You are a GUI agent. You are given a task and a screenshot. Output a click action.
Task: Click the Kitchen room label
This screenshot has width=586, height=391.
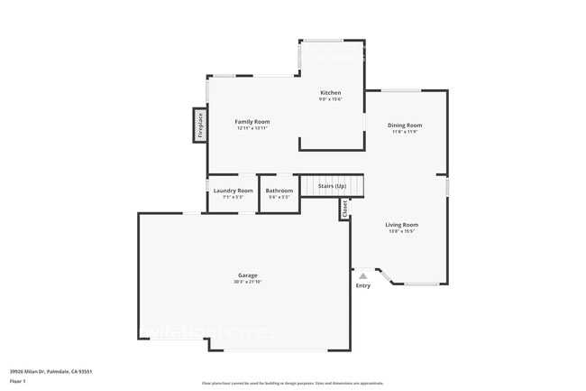click(x=331, y=93)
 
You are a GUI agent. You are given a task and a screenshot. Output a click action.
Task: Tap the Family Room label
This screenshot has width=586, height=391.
click(x=252, y=121)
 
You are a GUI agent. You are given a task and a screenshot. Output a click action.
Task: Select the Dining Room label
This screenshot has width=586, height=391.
click(x=405, y=126)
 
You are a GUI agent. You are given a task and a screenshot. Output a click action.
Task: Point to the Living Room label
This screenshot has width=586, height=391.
click(x=402, y=225)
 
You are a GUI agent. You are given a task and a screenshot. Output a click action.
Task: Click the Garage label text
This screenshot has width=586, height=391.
click(x=248, y=275)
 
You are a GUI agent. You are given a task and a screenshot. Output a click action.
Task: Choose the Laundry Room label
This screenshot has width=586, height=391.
click(x=233, y=191)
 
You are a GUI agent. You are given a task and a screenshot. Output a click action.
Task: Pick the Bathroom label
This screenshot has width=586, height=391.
click(x=279, y=191)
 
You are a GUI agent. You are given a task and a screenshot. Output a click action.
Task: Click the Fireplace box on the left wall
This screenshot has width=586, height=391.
click(x=200, y=125)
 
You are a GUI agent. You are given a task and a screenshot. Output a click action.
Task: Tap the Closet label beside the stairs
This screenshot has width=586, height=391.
click(x=344, y=209)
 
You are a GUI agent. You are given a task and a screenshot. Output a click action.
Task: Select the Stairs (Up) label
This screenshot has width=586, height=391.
click(x=333, y=186)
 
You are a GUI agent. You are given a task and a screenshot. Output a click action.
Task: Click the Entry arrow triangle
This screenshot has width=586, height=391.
click(x=362, y=275)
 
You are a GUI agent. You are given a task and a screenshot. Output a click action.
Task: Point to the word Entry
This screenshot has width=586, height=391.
click(x=362, y=286)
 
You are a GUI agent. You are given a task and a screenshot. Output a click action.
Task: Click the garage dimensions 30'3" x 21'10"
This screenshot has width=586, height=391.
click(x=248, y=282)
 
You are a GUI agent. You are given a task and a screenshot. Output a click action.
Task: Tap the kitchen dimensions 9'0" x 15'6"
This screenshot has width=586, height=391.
click(x=331, y=99)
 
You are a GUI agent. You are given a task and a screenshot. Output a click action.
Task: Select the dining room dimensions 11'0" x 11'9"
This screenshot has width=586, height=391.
click(x=405, y=132)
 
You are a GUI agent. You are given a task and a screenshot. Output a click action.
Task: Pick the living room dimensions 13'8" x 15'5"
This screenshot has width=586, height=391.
click(x=402, y=231)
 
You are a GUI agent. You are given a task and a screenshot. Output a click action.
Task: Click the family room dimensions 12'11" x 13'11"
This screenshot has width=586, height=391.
click(x=252, y=127)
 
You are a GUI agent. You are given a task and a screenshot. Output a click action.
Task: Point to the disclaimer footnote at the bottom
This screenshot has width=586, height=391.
click(x=293, y=383)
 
